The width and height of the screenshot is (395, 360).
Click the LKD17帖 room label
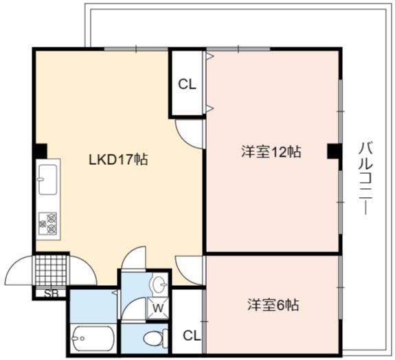[118, 159]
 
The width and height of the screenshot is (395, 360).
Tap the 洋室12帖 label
[271, 152]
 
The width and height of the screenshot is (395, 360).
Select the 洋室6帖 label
[273, 305]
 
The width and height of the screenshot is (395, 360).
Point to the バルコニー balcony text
[365, 179]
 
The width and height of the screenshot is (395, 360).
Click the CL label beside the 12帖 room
[187, 85]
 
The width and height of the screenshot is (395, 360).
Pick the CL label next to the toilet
[192, 335]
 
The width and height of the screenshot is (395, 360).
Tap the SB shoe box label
[52, 293]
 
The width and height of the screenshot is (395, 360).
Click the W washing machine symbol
[158, 308]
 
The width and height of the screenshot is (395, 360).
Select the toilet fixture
[156, 337]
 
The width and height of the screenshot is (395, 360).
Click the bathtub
[93, 339]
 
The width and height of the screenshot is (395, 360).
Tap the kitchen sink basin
[47, 179]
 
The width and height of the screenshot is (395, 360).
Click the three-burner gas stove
[47, 223]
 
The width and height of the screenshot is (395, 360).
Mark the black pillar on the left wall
[41, 151]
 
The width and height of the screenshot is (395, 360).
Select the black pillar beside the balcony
[335, 150]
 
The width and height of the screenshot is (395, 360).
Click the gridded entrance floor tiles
[52, 271]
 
